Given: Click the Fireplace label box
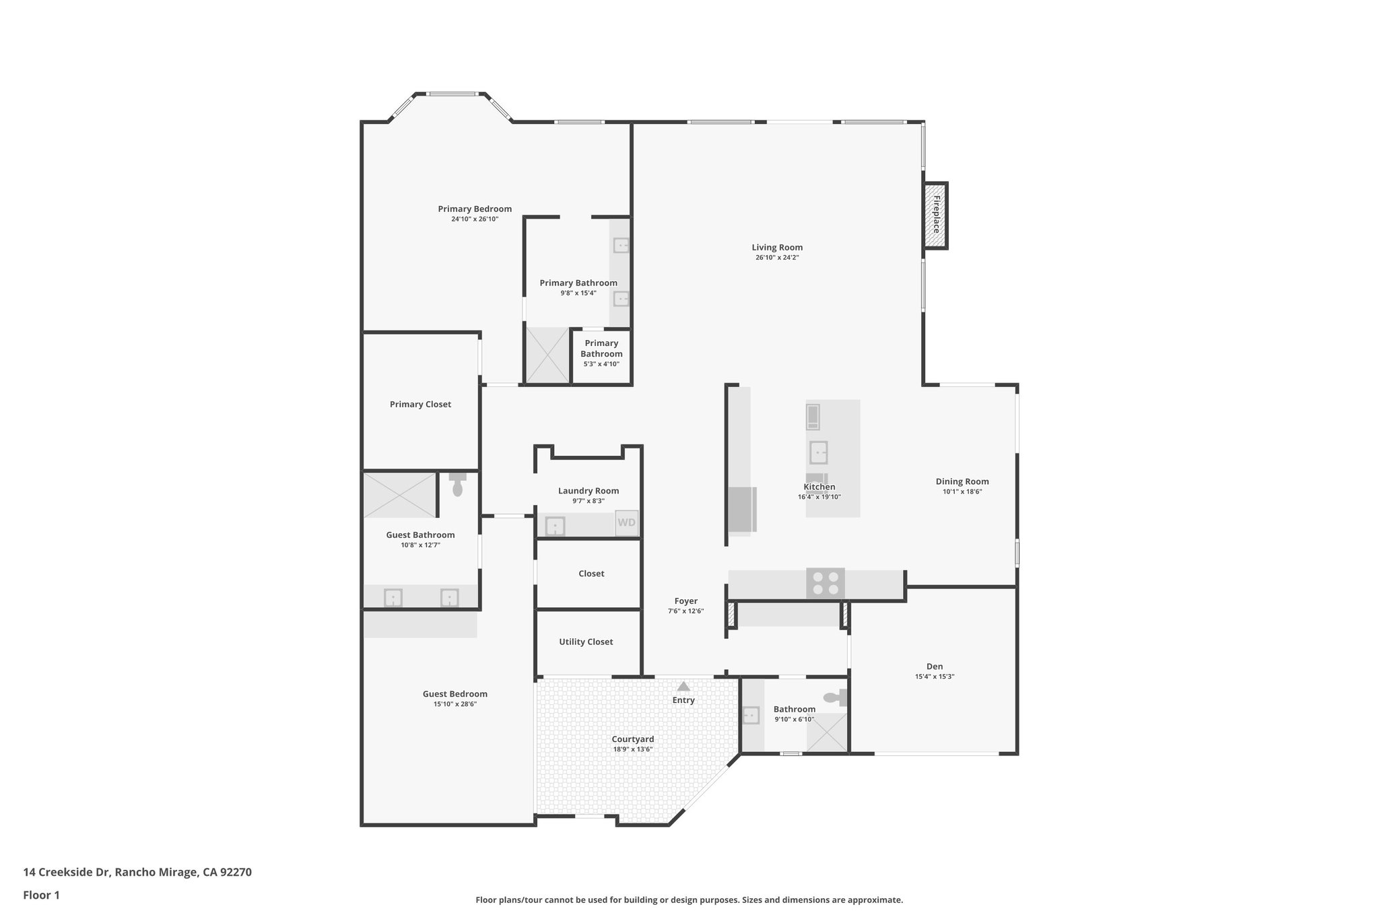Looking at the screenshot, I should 935,215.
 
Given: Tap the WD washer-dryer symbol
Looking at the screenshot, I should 626,522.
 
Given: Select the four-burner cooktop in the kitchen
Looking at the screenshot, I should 826,583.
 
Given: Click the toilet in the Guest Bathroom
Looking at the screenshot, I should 458,485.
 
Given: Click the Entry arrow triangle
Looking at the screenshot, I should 683,687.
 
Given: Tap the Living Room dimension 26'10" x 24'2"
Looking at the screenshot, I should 777,258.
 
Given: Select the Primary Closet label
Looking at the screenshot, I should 420,405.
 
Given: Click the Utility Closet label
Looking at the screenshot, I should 586,642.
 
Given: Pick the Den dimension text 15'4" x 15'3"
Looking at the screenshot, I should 934,677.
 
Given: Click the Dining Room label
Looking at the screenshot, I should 962,481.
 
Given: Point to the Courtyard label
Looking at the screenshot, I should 632,739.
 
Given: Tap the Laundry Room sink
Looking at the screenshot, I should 555,526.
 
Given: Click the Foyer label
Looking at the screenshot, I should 686,601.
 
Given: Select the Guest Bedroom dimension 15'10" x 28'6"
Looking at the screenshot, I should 455,704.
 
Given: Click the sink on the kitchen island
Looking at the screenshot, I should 818,452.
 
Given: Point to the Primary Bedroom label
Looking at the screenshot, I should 475,209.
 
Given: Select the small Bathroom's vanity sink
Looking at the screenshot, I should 751,715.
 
